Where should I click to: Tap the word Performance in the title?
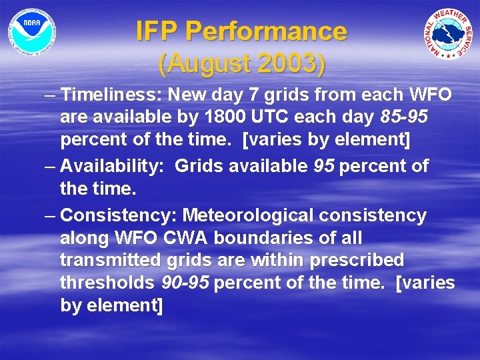(266, 31)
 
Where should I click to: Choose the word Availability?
(112, 166)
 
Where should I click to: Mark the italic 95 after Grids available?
(323, 166)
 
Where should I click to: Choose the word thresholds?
(107, 283)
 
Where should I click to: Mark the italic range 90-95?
(186, 283)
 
